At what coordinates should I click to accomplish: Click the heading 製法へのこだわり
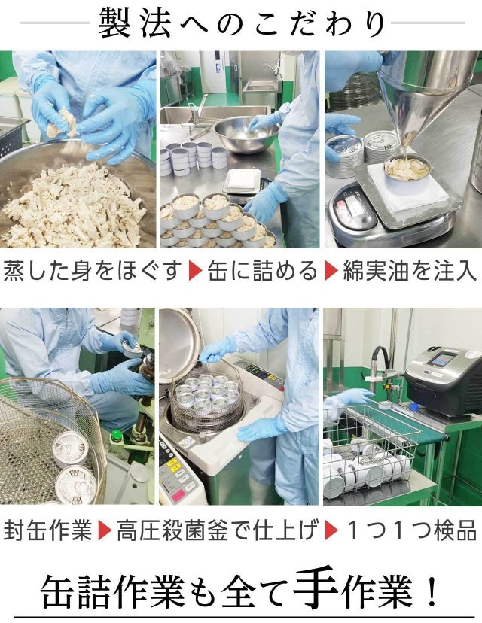tap(242, 23)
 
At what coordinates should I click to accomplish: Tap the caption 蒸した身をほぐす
tap(93, 271)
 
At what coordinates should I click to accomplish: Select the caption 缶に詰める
tap(262, 271)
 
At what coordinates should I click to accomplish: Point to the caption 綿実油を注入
tap(409, 271)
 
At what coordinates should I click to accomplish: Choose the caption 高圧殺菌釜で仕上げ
tap(218, 530)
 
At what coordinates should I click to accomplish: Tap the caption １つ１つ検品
tap(411, 530)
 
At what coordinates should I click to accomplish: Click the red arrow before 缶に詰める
tap(196, 271)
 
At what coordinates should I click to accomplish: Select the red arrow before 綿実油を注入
tap(331, 271)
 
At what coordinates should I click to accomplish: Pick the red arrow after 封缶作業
tap(105, 530)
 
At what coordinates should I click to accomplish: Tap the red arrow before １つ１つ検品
tap(331, 530)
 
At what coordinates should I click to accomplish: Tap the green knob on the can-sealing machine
tap(116, 436)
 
